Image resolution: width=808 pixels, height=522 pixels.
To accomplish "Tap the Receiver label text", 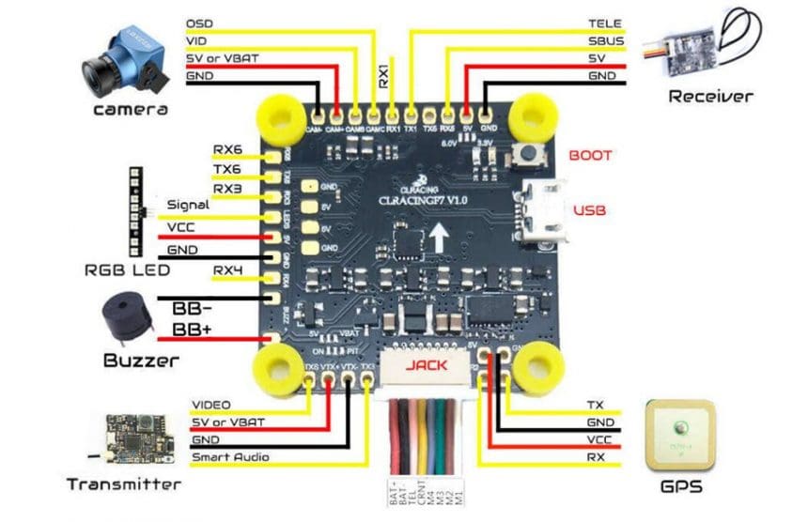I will click(710, 96).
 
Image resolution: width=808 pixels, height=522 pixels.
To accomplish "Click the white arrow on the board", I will click(439, 238).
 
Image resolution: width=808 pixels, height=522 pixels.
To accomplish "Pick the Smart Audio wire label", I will click(230, 457).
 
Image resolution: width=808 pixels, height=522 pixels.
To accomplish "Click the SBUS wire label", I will click(605, 41).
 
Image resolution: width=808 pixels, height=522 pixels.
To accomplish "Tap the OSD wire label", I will click(199, 23).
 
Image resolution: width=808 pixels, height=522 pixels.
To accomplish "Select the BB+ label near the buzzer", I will click(194, 330).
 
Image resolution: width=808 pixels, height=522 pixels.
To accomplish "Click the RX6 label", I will click(226, 149).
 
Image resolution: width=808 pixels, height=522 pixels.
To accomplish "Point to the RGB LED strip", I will click(133, 211).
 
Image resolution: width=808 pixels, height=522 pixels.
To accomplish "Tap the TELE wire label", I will click(605, 23).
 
